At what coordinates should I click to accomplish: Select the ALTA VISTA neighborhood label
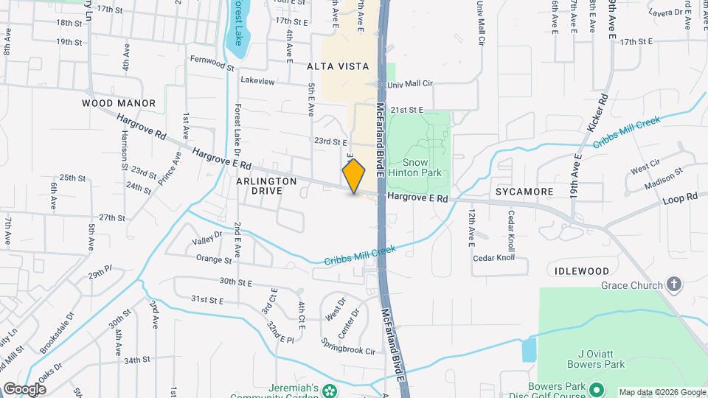(338, 66)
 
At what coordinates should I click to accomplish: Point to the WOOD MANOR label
(119, 103)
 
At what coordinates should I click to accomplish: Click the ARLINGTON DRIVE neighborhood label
(266, 185)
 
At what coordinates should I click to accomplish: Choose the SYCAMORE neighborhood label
(524, 192)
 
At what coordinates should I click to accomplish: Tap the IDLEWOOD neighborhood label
(582, 271)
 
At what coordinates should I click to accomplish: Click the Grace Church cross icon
(673, 284)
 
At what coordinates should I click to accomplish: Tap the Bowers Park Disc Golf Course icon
(596, 388)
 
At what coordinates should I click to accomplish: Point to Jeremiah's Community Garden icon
(330, 389)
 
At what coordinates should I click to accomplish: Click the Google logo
(24, 388)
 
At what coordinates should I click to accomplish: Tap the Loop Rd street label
(679, 198)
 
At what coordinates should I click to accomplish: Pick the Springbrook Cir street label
(348, 346)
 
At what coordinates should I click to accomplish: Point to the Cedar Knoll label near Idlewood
(493, 258)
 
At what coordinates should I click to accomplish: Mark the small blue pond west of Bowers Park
(529, 349)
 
